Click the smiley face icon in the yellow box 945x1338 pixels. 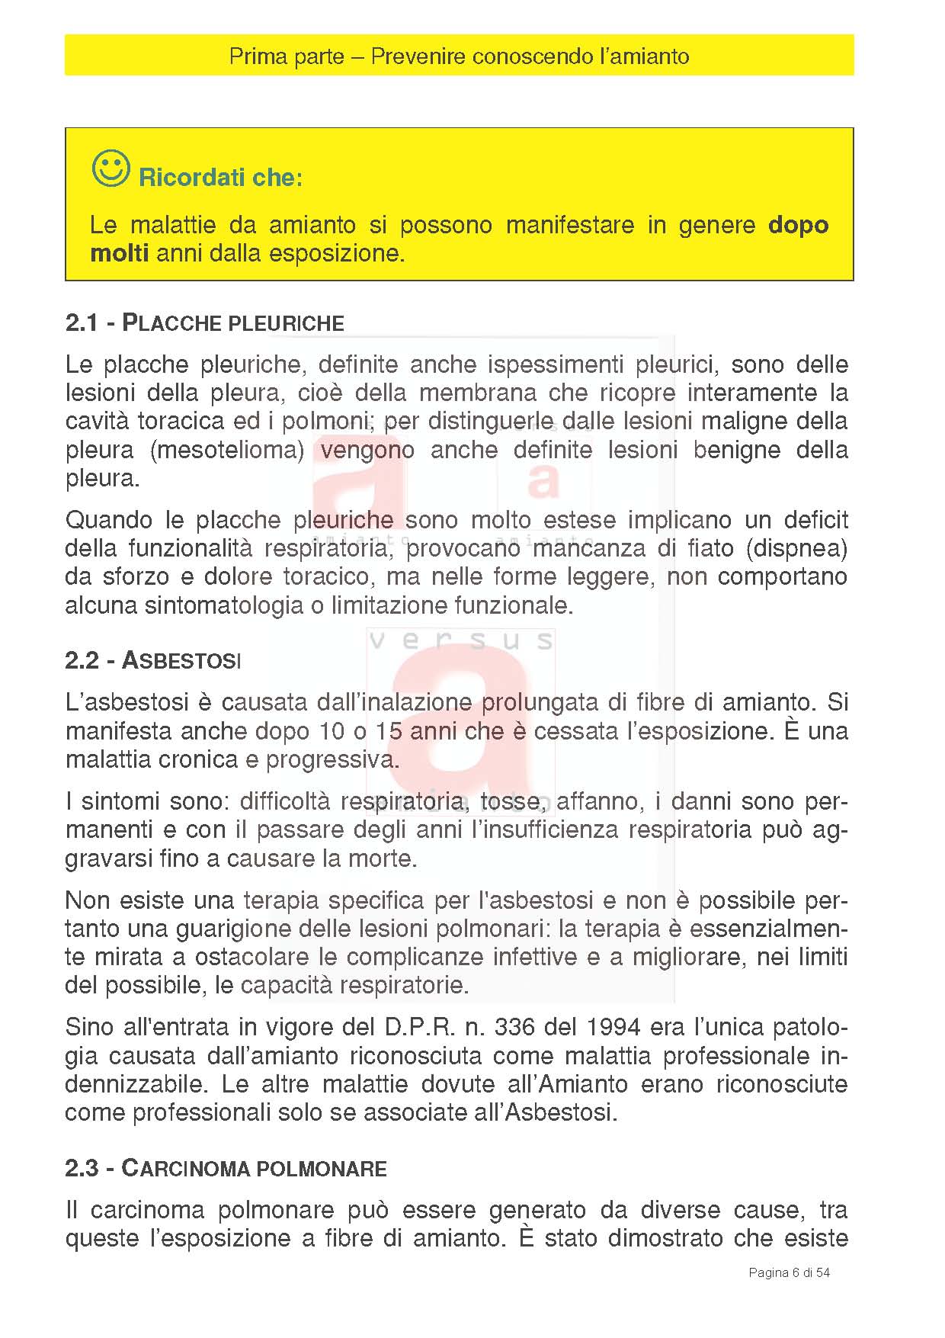pos(111,168)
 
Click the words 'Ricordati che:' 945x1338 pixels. pos(220,178)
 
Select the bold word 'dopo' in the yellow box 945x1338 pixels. pos(798,225)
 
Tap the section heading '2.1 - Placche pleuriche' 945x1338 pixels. pos(204,323)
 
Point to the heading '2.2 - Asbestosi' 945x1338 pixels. pos(152,660)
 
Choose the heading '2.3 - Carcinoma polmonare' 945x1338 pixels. pos(226,1168)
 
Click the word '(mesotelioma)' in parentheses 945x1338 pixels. pos(227,450)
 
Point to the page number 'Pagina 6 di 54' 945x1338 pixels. pos(789,1272)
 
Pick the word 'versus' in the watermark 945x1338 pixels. pos(461,640)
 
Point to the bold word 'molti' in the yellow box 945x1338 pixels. pos(119,253)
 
